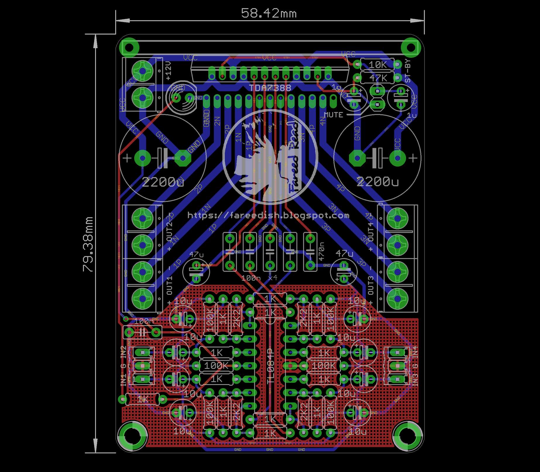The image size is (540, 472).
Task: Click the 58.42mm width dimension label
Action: [x=269, y=13]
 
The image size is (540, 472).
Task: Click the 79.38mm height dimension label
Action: [x=88, y=244]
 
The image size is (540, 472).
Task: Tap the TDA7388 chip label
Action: [x=270, y=88]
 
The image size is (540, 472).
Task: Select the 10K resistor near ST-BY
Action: [x=377, y=65]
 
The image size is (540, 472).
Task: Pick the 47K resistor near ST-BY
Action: [x=377, y=78]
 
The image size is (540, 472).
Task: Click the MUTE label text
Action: [x=333, y=115]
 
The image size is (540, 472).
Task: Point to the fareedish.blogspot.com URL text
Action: [x=269, y=216]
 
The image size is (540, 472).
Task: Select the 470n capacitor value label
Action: [x=321, y=251]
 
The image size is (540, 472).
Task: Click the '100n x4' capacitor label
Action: [x=259, y=278]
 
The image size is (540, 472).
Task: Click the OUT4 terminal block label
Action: [x=371, y=232]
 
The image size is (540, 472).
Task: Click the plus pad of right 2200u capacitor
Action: [x=397, y=158]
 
